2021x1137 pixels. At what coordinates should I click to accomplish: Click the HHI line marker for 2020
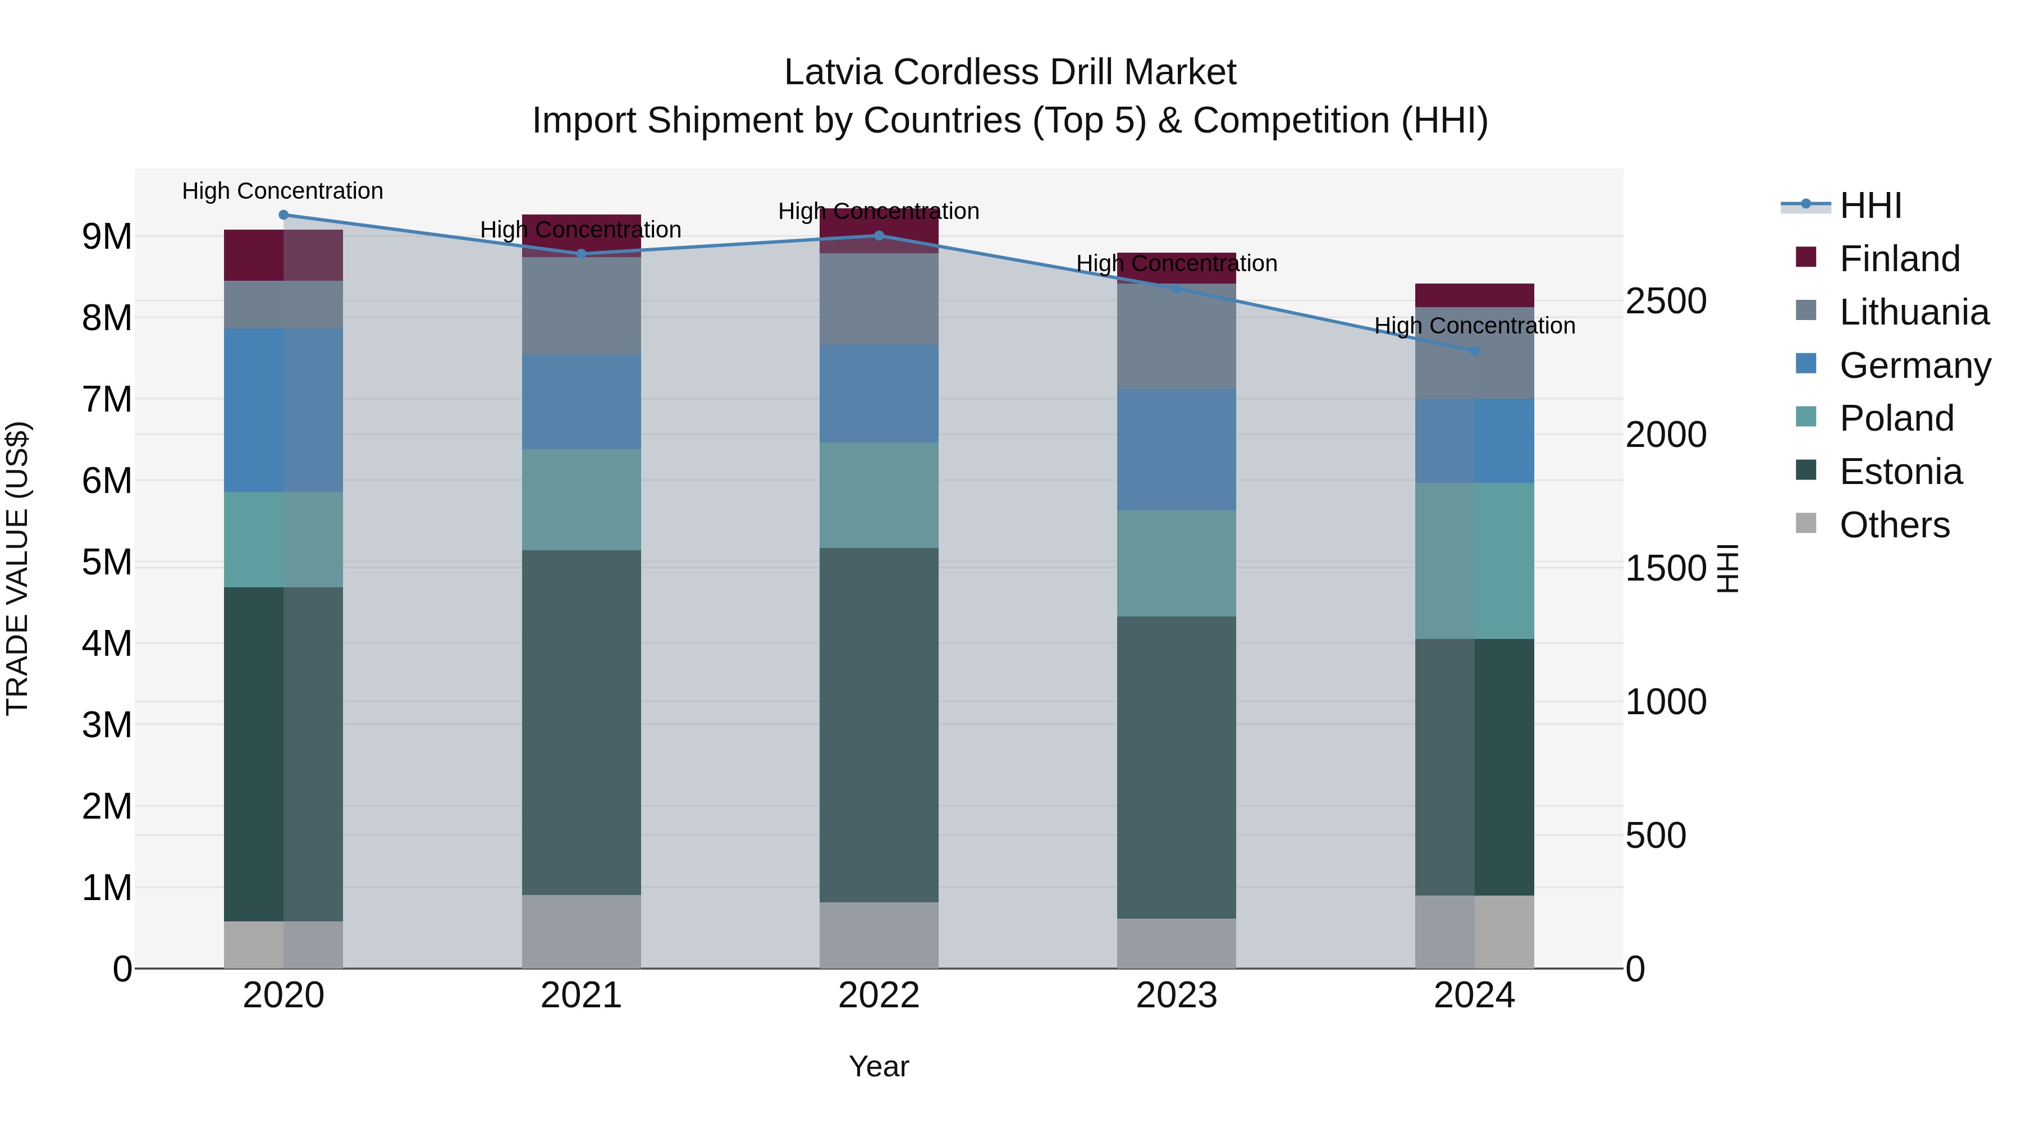[284, 215]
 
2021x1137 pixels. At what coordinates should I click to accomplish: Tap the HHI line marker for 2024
[1474, 351]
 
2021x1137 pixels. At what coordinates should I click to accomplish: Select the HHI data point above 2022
[879, 235]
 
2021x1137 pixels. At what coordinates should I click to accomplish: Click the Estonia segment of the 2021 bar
[582, 722]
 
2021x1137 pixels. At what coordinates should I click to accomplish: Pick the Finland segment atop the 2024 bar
[1474, 295]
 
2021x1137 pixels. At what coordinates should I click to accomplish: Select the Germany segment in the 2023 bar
[1176, 450]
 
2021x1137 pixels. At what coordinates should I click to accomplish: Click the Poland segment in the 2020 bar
[284, 539]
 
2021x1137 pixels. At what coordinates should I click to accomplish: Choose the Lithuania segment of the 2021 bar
[582, 305]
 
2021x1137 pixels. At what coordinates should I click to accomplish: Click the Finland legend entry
[1899, 259]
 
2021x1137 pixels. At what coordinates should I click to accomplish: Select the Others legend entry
[1894, 525]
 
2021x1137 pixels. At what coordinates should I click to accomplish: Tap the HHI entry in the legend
[1871, 206]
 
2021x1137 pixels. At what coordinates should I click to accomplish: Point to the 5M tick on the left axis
[107, 562]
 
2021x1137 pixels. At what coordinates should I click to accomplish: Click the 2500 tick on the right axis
[1666, 302]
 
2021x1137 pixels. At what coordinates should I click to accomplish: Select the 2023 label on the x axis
[1176, 996]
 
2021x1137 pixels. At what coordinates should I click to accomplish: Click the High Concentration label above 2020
[282, 191]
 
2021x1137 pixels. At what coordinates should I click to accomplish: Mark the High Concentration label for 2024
[1474, 326]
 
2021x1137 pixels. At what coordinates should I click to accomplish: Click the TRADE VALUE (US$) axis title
[17, 568]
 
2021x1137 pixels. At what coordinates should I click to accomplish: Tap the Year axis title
[879, 1066]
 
